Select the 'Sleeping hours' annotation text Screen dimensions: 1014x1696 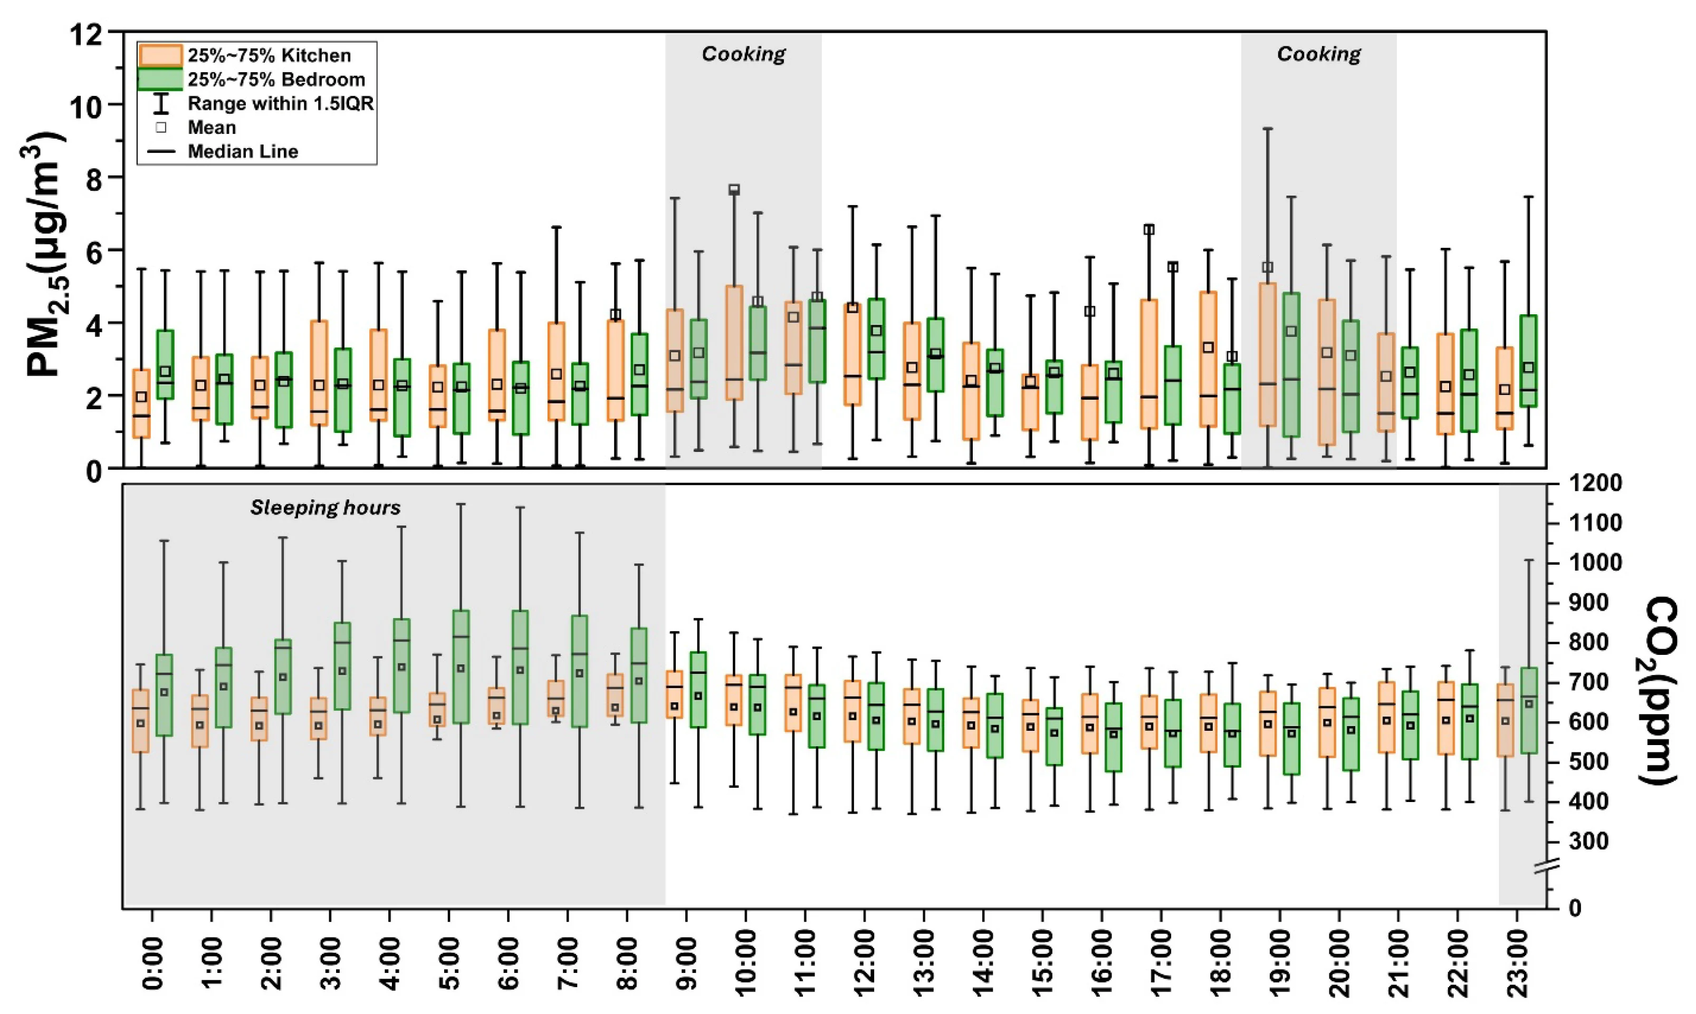(325, 508)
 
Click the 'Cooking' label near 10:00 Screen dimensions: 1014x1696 (743, 54)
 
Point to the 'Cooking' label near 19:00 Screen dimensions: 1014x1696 (1319, 54)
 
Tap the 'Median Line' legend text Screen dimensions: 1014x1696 (243, 152)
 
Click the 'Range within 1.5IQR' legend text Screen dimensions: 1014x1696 (280, 104)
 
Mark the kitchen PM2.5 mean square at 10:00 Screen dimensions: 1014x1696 (734, 189)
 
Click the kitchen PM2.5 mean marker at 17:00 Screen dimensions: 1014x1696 (1149, 229)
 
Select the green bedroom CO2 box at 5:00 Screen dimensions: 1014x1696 (461, 666)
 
